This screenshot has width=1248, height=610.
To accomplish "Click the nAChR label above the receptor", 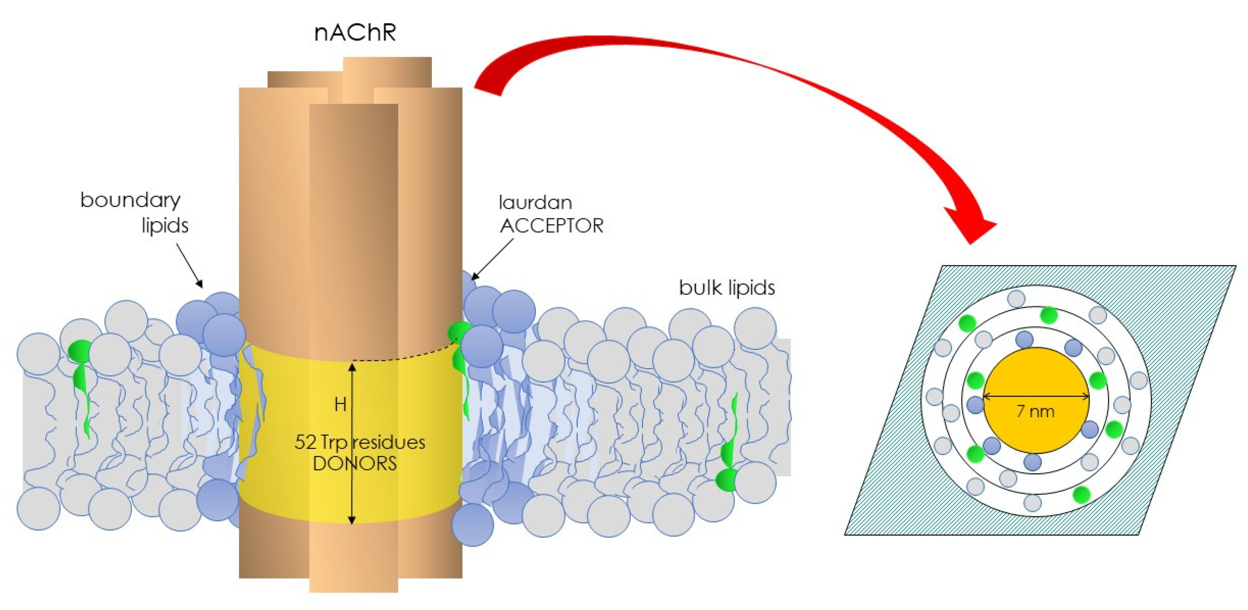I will pyautogui.click(x=355, y=33).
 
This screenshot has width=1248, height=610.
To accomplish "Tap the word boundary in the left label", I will pyautogui.click(x=130, y=200).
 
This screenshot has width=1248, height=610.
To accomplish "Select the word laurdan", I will pyautogui.click(x=535, y=203).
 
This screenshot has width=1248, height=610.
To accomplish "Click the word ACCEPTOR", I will pyautogui.click(x=552, y=226).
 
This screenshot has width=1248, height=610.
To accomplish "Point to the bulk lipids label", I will pyautogui.click(x=727, y=288).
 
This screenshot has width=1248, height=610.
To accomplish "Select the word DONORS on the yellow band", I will pyautogui.click(x=355, y=464).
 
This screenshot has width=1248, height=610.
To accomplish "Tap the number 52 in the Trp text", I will pyautogui.click(x=305, y=442).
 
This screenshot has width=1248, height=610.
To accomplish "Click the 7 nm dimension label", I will pyautogui.click(x=1035, y=411).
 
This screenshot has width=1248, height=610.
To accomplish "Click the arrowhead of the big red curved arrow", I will pyautogui.click(x=974, y=228).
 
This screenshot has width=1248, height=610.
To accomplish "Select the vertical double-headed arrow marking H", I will pyautogui.click(x=352, y=443).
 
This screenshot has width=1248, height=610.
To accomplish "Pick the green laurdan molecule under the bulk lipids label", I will pyautogui.click(x=729, y=455).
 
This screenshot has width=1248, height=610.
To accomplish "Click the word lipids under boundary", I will pyautogui.click(x=165, y=225).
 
